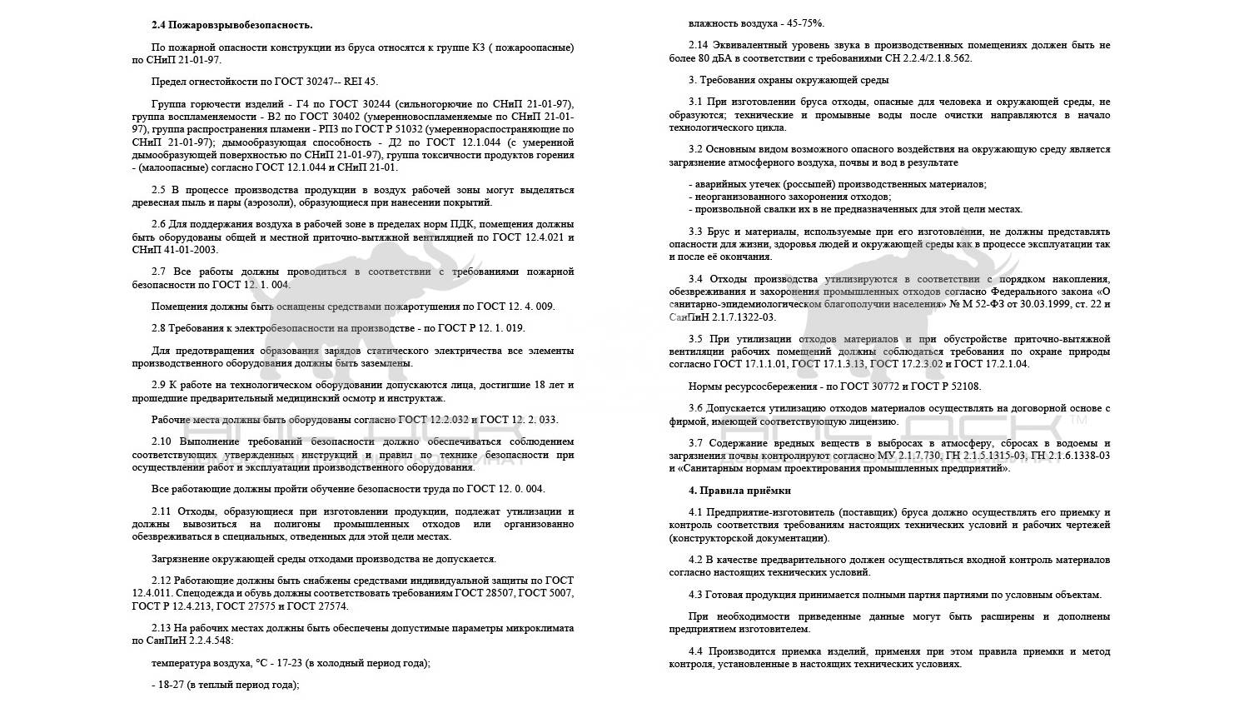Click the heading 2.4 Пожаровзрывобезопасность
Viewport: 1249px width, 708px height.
pos(232,26)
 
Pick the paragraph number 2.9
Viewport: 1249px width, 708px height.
pos(159,386)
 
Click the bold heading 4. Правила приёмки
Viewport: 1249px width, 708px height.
pos(739,490)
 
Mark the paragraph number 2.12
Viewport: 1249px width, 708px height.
pos(162,581)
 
